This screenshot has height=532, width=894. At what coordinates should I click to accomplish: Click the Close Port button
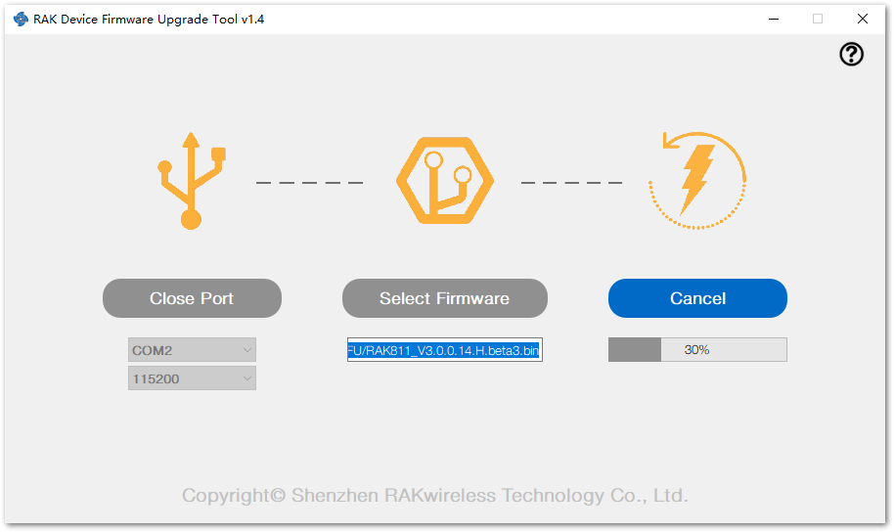click(x=192, y=298)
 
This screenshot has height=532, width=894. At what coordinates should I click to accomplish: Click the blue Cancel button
click(x=697, y=298)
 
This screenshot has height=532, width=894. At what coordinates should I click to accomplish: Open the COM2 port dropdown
click(x=192, y=350)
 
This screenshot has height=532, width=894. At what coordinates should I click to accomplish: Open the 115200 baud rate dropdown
click(x=192, y=378)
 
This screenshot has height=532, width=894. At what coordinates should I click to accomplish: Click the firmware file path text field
click(x=445, y=350)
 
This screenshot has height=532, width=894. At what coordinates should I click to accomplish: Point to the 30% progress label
click(x=696, y=349)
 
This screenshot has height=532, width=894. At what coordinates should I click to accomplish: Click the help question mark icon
click(x=851, y=54)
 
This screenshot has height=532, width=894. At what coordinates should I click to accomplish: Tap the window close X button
click(x=863, y=19)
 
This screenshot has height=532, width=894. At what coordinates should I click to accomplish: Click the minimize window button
click(x=774, y=19)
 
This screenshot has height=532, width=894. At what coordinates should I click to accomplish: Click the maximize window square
click(x=818, y=19)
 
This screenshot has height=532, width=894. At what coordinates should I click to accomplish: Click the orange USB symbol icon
click(x=192, y=181)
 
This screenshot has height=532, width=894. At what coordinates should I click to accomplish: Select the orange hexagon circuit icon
click(x=445, y=180)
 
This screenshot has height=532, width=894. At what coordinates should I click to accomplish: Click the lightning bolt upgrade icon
click(x=696, y=180)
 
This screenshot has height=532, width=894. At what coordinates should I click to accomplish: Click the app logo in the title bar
click(x=22, y=19)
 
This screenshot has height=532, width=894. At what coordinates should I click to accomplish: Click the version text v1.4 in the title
click(x=252, y=19)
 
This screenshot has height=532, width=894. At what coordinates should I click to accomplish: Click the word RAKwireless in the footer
click(x=439, y=495)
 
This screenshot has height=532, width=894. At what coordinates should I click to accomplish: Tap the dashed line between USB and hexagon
click(x=310, y=183)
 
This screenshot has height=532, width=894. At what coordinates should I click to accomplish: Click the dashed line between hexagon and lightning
click(x=572, y=183)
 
